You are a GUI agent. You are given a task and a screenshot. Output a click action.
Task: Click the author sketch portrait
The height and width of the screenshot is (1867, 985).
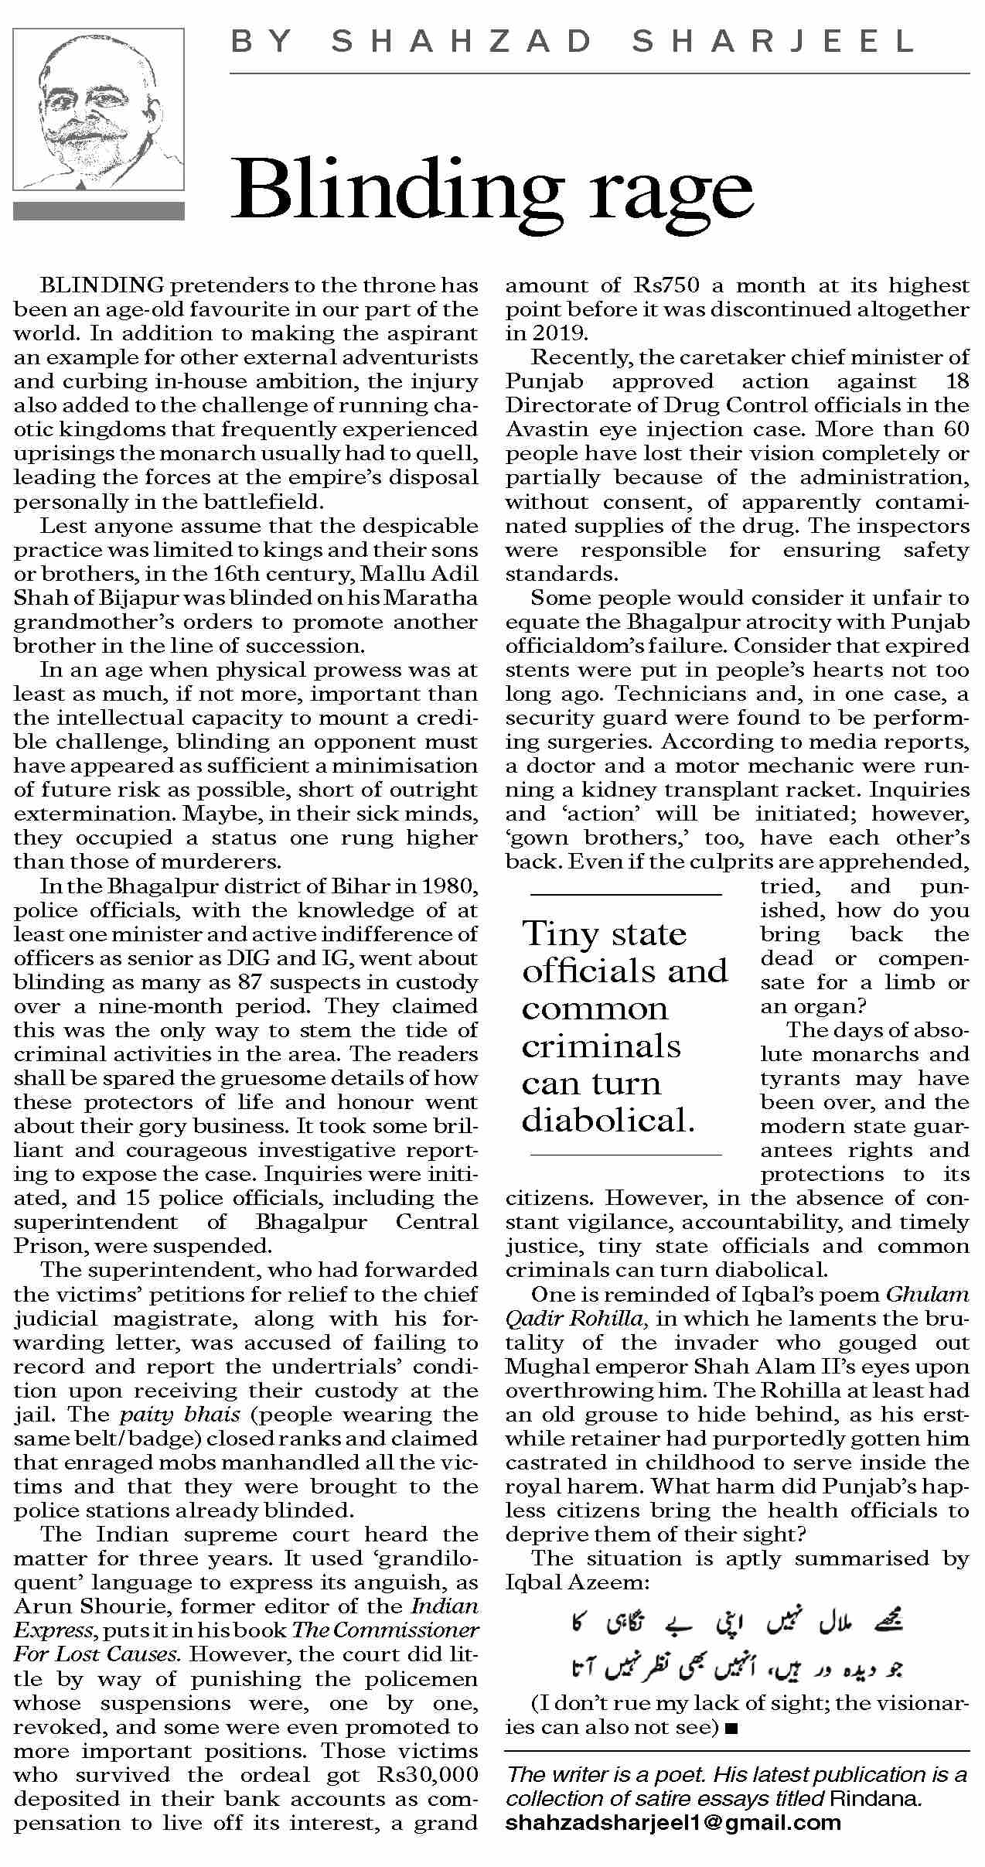(x=98, y=110)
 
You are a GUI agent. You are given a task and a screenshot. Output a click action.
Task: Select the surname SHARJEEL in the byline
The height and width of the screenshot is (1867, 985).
(x=774, y=42)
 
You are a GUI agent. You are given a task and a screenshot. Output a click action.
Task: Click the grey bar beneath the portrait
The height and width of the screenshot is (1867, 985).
(x=98, y=211)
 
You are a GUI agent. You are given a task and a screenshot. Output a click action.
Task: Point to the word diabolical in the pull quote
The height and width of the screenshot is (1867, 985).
(x=608, y=1121)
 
